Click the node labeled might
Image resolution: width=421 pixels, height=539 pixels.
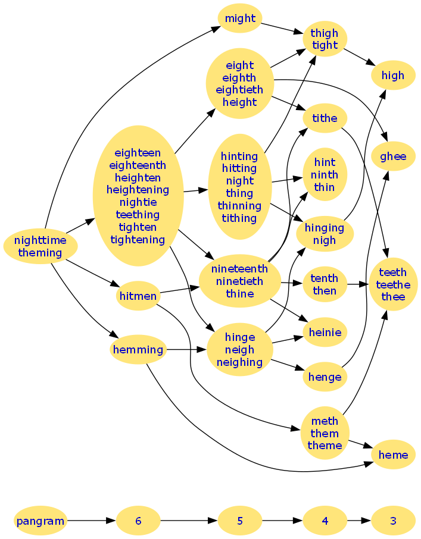click(x=240, y=18)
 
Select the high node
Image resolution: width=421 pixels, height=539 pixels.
click(x=393, y=76)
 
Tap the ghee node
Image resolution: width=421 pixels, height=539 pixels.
click(x=393, y=156)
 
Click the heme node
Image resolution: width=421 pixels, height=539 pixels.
click(x=393, y=455)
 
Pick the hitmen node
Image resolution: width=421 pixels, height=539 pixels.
click(x=138, y=296)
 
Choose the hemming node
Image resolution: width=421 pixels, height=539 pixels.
click(x=138, y=350)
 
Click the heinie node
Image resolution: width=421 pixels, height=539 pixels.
click(x=325, y=333)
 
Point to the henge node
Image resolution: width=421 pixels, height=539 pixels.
click(x=325, y=377)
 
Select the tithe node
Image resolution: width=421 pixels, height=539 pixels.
click(x=325, y=118)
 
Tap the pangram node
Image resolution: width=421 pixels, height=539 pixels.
click(x=40, y=521)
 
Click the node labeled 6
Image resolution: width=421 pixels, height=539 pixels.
click(x=138, y=521)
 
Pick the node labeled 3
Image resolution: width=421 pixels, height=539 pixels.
click(x=393, y=521)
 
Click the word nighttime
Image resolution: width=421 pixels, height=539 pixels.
click(x=40, y=240)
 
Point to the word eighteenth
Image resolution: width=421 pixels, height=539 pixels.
click(x=138, y=165)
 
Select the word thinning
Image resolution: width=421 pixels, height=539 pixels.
click(x=239, y=206)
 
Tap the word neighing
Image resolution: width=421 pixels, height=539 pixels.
click(x=239, y=362)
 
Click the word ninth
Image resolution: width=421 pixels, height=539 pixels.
click(x=325, y=175)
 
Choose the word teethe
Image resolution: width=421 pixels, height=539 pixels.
click(x=393, y=285)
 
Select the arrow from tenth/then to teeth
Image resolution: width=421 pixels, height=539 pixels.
click(x=357, y=284)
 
